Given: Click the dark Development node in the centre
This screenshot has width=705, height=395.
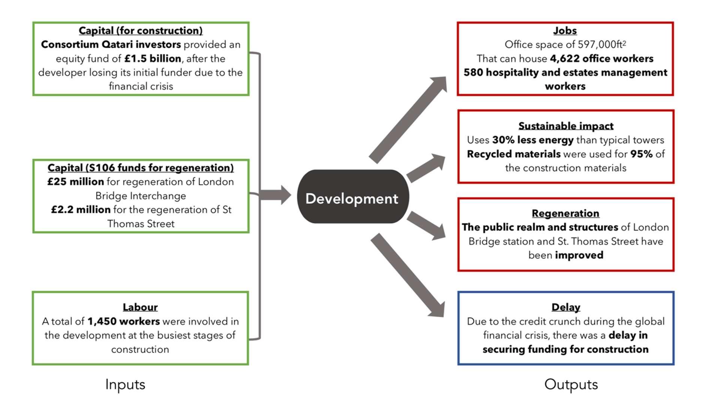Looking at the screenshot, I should pyautogui.click(x=352, y=197).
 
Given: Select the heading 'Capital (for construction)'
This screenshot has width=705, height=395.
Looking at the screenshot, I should pyautogui.click(x=141, y=30).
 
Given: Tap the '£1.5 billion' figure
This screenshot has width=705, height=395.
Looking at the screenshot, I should pyautogui.click(x=153, y=58).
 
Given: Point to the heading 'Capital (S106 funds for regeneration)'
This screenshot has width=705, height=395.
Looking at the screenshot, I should pyautogui.click(x=141, y=168).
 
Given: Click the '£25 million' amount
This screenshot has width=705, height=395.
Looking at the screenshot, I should pyautogui.click(x=75, y=182).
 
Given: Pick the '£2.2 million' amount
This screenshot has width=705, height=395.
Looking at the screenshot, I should pyautogui.click(x=81, y=209).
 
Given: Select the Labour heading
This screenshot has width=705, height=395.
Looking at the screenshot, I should pyautogui.click(x=140, y=307).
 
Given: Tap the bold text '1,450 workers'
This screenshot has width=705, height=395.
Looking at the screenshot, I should pyautogui.click(x=123, y=321).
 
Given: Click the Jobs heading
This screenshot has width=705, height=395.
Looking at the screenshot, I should pyautogui.click(x=565, y=30).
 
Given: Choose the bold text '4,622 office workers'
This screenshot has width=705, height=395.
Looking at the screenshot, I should pyautogui.click(x=602, y=58).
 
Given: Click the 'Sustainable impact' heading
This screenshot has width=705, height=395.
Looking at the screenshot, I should pyautogui.click(x=566, y=126).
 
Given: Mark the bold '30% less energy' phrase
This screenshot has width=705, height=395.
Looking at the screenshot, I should pyautogui.click(x=533, y=140).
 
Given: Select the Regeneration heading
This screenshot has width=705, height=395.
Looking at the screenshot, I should pyautogui.click(x=565, y=213).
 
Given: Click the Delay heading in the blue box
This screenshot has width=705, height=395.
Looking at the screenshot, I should pyautogui.click(x=566, y=307).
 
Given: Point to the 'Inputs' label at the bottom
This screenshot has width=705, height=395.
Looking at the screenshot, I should pyautogui.click(x=125, y=384).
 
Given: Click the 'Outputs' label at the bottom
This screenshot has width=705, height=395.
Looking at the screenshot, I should pyautogui.click(x=570, y=384).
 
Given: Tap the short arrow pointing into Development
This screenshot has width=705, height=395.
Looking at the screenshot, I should pyautogui.click(x=275, y=195).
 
